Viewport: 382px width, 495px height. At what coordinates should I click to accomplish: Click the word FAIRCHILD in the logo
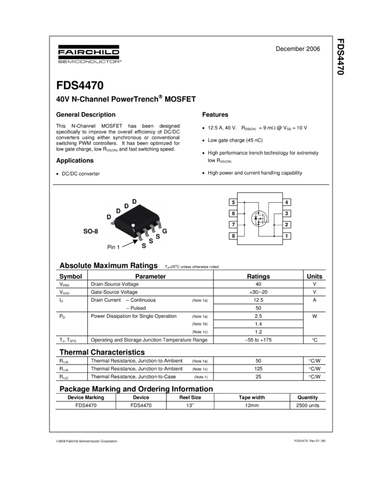pyautogui.click(x=89, y=52)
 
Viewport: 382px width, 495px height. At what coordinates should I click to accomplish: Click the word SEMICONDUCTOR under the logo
pyautogui.click(x=89, y=61)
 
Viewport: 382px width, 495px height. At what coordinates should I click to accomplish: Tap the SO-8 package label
pyautogui.click(x=90, y=231)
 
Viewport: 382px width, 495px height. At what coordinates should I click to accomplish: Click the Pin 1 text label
pyautogui.click(x=113, y=247)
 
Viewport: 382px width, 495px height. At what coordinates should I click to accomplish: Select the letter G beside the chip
pyautogui.click(x=165, y=231)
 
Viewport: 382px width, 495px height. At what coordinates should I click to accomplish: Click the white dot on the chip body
pyautogui.click(x=133, y=225)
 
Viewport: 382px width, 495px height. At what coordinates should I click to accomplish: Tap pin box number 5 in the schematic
pyautogui.click(x=233, y=202)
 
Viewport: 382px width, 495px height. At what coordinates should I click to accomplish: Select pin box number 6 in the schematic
pyautogui.click(x=233, y=213)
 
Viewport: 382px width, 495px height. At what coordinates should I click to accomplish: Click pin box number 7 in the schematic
pyautogui.click(x=233, y=224)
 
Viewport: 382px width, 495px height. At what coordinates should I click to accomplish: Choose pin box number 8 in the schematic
pyautogui.click(x=233, y=236)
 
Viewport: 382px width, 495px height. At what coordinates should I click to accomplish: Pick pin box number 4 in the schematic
pyautogui.click(x=287, y=202)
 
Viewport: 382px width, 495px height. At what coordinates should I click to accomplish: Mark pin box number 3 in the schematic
pyautogui.click(x=287, y=213)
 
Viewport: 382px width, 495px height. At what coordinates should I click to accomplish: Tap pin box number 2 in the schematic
pyautogui.click(x=287, y=224)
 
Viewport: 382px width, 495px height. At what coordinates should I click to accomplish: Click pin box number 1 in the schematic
pyautogui.click(x=287, y=236)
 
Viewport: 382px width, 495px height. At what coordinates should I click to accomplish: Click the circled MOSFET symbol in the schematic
pyautogui.click(x=259, y=219)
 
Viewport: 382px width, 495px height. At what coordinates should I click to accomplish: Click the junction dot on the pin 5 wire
pyautogui.click(x=244, y=202)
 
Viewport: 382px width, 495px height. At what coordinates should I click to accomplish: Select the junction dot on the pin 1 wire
pyautogui.click(x=273, y=236)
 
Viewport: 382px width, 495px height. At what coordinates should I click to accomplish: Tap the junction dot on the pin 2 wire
pyautogui.click(x=273, y=224)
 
